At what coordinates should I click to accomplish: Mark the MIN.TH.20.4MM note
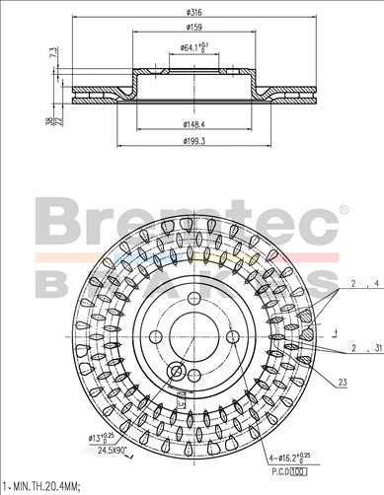coord(47,485)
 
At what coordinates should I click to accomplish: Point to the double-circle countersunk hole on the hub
coord(177,372)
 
